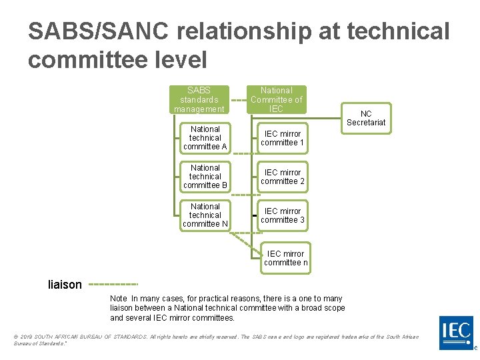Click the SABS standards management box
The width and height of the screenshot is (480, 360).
tap(199, 99)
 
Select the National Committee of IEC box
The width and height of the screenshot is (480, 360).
tap(276, 99)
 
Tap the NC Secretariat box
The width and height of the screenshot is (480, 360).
tap(366, 118)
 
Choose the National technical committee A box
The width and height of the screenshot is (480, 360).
tap(205, 137)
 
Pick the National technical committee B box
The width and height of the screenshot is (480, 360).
tap(205, 176)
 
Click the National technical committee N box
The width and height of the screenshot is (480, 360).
tap(205, 215)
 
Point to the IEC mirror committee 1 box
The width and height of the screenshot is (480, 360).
tap(282, 138)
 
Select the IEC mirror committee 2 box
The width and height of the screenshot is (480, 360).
tap(282, 177)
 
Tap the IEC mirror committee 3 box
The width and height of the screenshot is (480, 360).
tap(282, 215)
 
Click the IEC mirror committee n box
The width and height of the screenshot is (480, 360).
tap(285, 258)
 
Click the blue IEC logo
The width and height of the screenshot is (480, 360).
tap(457, 332)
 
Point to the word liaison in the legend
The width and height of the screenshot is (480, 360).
tap(65, 285)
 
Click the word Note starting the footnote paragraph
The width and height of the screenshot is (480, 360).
tap(119, 299)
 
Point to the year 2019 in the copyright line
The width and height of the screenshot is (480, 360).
tap(27, 337)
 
